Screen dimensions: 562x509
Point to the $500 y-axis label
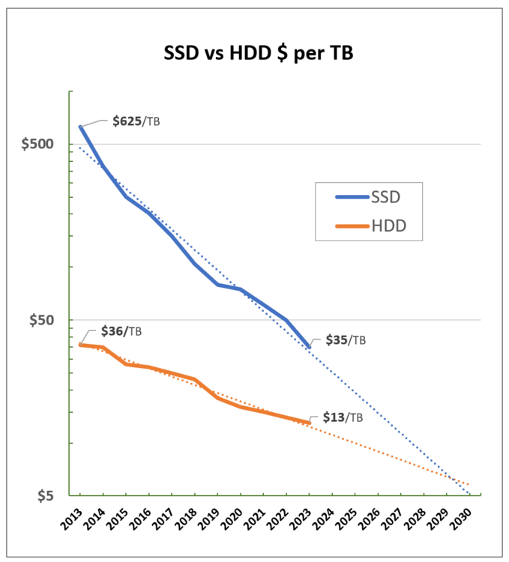tap(46, 144)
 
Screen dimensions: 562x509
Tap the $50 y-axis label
tap(49, 320)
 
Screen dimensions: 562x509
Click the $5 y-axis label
tap(52, 495)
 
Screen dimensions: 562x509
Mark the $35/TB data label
tap(346, 339)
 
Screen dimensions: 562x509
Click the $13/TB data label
tap(343, 417)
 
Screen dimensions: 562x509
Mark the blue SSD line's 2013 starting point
tap(80, 127)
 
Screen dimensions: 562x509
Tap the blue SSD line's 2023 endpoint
tap(310, 347)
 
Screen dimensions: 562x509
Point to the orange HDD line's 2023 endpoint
tap(310, 423)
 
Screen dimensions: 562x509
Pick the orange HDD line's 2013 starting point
tap(80, 345)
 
